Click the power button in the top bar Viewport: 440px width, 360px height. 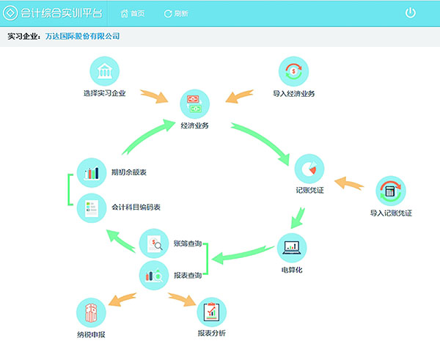point(410,13)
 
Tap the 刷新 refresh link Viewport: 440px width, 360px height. point(176,13)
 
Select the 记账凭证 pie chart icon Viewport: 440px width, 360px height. point(309,169)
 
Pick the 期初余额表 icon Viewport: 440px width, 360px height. point(92,173)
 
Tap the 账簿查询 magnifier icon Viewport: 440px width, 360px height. point(154,243)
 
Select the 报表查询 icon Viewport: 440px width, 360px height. point(154,275)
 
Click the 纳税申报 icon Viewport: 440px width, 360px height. point(90,313)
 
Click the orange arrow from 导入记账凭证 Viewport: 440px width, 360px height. point(349,183)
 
